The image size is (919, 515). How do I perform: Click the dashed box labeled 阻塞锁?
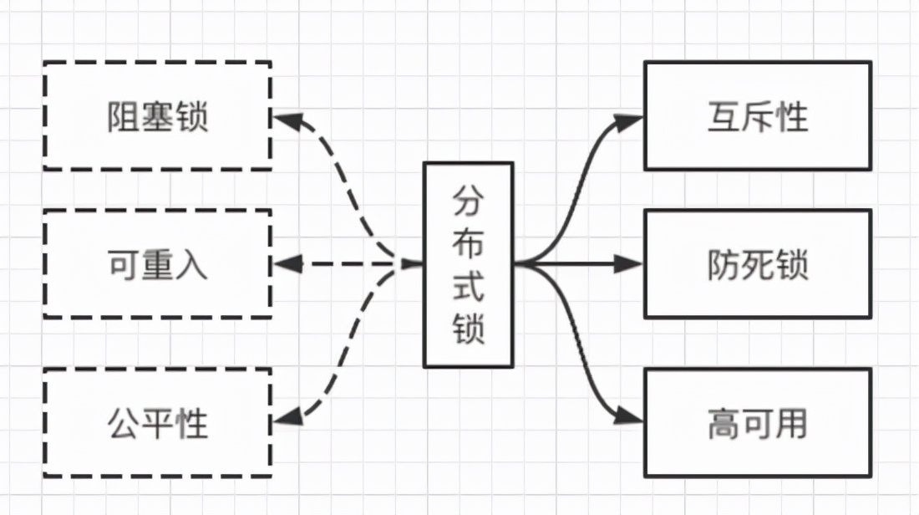[157, 115]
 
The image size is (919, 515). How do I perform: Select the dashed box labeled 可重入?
[157, 264]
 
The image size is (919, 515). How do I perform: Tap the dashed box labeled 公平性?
[157, 422]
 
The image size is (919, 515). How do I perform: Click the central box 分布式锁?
[468, 264]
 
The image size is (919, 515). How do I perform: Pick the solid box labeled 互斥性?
[757, 115]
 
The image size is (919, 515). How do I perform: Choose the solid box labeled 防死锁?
[757, 264]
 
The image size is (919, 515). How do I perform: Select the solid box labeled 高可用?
[757, 422]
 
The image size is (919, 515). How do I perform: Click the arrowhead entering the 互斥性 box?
[631, 120]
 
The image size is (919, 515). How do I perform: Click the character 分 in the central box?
[468, 201]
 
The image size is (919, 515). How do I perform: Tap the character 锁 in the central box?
[468, 327]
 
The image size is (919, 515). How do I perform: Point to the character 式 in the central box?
[468, 285]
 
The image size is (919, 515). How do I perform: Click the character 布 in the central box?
[468, 242]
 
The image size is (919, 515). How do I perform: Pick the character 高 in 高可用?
[724, 423]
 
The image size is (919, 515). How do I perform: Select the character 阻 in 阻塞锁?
[124, 116]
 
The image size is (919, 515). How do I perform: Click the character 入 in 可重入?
[190, 265]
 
